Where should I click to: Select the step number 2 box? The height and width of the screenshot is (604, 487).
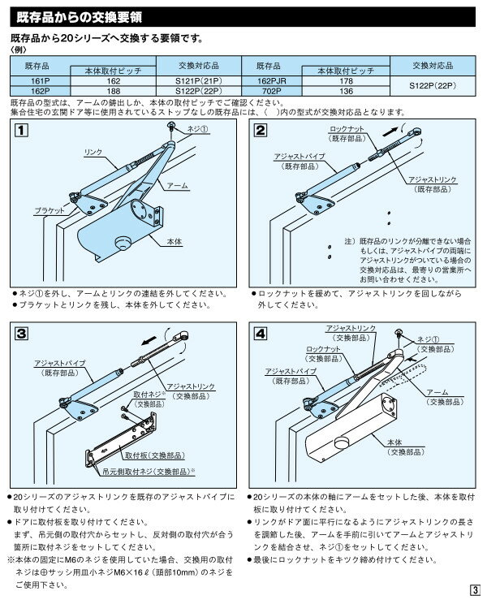(260, 132)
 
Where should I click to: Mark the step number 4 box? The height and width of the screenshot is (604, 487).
(260, 333)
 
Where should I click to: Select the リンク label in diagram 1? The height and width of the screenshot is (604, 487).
(93, 153)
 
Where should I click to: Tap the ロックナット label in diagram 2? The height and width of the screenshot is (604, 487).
(347, 130)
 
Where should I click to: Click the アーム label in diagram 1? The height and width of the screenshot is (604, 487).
(179, 186)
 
